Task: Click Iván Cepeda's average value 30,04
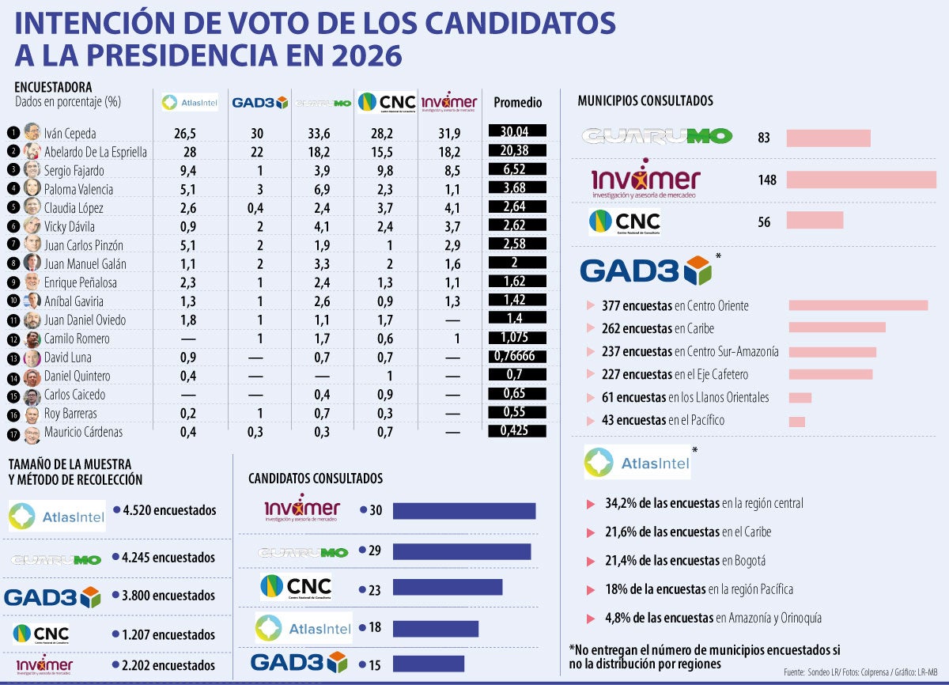(x=517, y=132)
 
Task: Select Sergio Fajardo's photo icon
(x=32, y=170)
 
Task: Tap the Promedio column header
(x=517, y=103)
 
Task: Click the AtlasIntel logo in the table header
(x=189, y=102)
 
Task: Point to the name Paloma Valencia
(x=78, y=189)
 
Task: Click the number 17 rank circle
(x=13, y=433)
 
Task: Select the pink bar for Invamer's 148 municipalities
(x=861, y=180)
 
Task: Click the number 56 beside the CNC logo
(x=764, y=222)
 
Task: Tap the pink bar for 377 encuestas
(x=858, y=305)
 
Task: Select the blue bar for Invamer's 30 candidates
(x=464, y=511)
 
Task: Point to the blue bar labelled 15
(x=428, y=664)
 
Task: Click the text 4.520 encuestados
(x=169, y=511)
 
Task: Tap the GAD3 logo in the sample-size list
(x=52, y=596)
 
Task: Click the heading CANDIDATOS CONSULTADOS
(x=316, y=479)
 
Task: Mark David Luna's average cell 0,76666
(x=517, y=357)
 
